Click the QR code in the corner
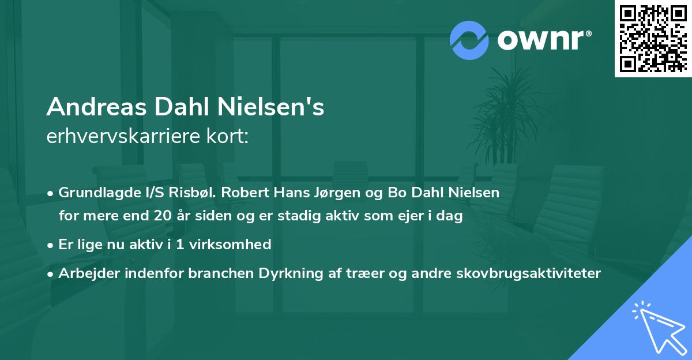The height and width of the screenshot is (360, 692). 653,38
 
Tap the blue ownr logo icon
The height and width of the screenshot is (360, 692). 469,40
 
